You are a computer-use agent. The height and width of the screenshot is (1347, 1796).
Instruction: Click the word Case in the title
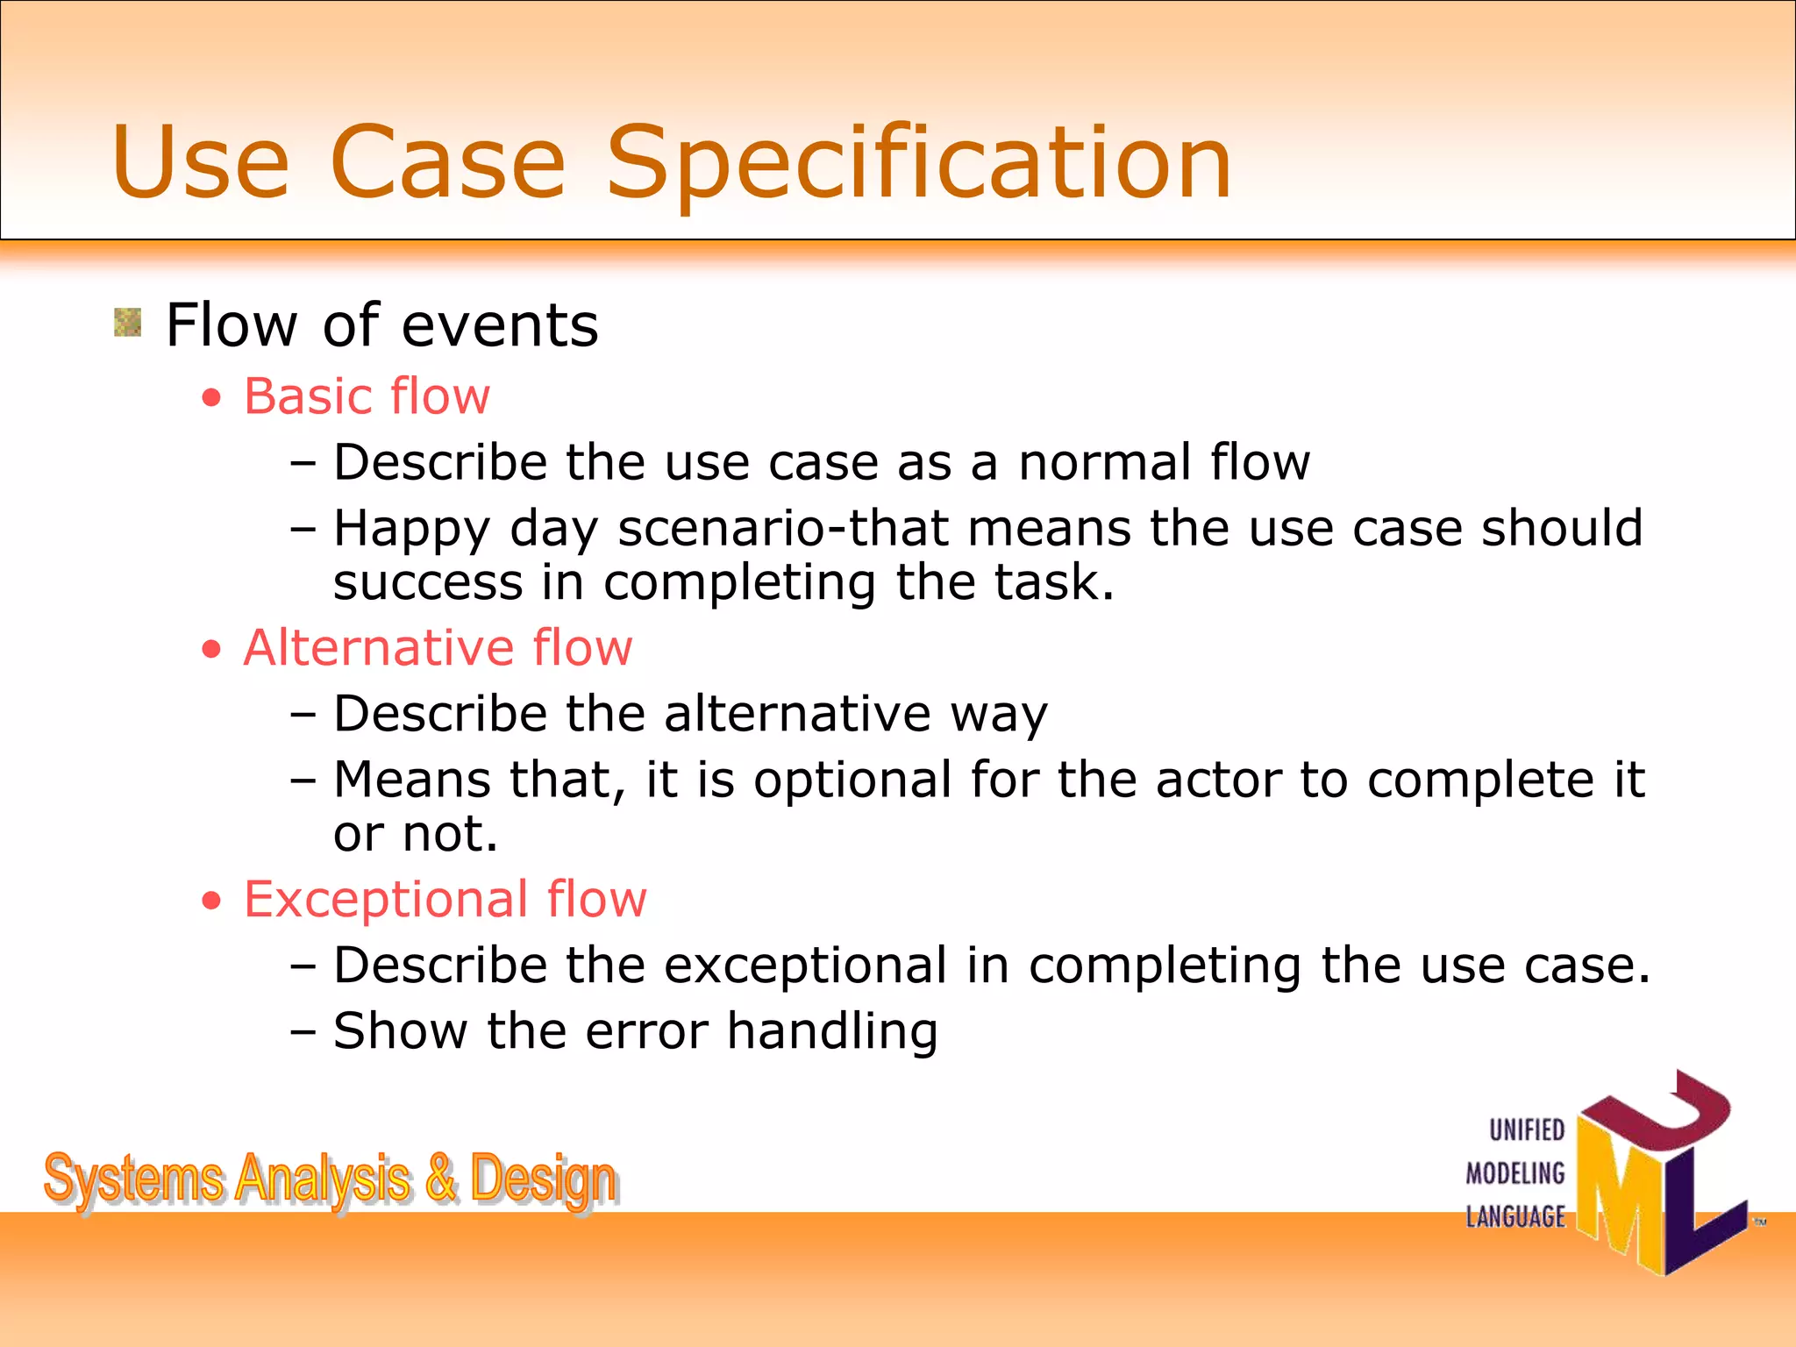[x=448, y=163]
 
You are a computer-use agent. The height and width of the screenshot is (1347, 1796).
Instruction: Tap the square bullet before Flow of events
[x=128, y=323]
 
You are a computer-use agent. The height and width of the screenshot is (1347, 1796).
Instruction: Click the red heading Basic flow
[x=367, y=396]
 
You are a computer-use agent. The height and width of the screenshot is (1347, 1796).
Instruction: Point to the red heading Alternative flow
[x=438, y=648]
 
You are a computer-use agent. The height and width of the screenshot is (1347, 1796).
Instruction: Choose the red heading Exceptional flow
[x=445, y=900]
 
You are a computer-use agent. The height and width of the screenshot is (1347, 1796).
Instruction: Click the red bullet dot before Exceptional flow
[x=211, y=901]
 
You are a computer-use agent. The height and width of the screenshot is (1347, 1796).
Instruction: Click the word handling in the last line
[x=832, y=1032]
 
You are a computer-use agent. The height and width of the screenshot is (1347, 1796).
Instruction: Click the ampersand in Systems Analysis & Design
[x=441, y=1178]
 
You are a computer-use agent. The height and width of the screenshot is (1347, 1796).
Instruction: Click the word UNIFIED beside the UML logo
[x=1527, y=1130]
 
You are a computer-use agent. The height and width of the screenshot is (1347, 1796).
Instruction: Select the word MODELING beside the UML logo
[x=1515, y=1173]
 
